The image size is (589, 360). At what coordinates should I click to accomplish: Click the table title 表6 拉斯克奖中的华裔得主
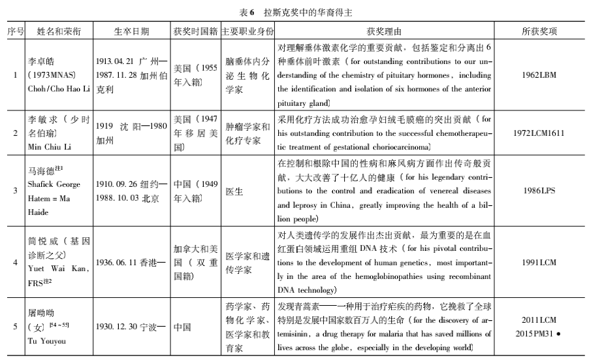pos(295,10)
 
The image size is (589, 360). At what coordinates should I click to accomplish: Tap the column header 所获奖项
pos(539,31)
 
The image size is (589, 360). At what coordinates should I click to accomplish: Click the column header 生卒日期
pos(131,31)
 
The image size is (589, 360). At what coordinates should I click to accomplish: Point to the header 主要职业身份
pos(247,31)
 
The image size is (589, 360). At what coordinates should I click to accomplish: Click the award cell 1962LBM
pos(539,76)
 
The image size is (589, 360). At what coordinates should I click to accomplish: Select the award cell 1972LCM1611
pos(539,133)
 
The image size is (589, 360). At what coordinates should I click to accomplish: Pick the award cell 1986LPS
pos(539,191)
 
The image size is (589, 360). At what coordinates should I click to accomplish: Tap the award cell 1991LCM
pos(539,261)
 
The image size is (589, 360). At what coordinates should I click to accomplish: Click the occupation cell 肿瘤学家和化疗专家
pos(247,133)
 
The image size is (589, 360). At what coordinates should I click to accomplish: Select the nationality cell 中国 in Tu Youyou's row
pos(183,325)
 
